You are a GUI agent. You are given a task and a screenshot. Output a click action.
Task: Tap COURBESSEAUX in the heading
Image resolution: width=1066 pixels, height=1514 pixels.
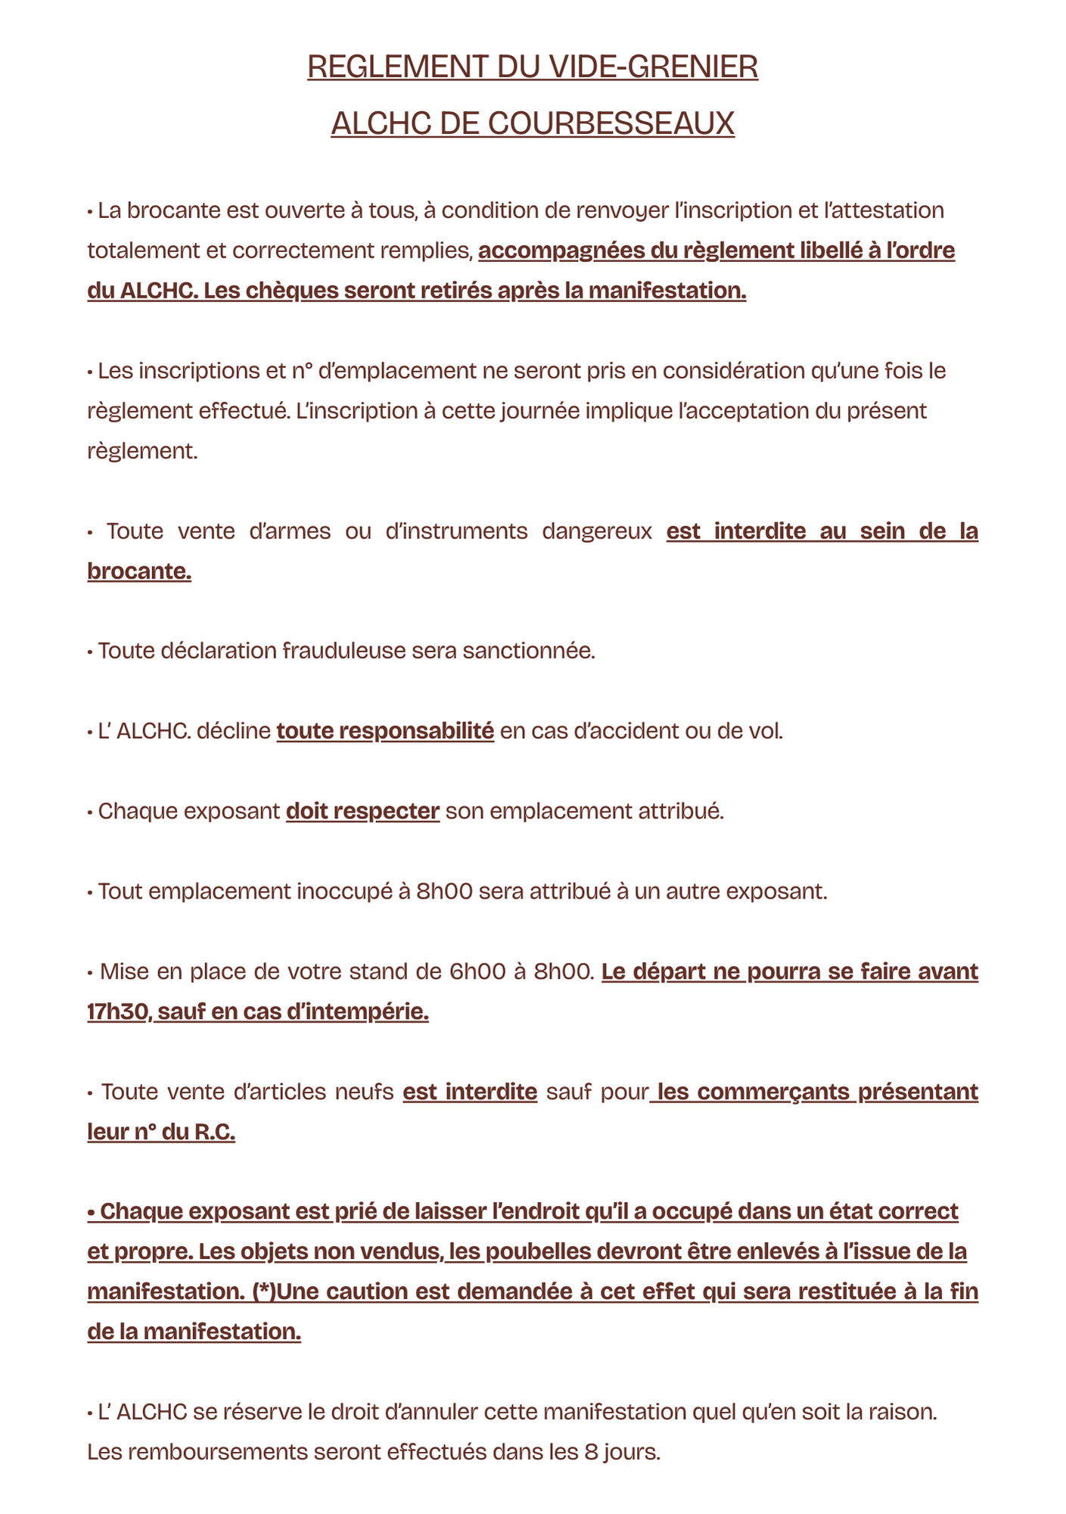coord(611,123)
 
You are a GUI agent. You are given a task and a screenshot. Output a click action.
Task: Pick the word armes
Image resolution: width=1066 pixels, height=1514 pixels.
coord(290,531)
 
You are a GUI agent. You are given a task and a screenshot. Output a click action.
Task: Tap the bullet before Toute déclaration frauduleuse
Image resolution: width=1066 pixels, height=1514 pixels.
coord(90,651)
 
